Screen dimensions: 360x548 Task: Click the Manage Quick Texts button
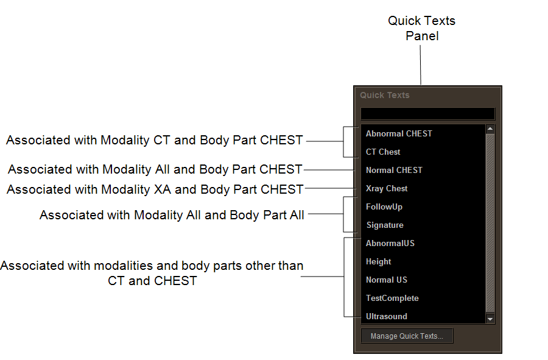[407, 336]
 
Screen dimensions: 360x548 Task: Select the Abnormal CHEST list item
[399, 133]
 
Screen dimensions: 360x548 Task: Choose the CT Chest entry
[383, 152]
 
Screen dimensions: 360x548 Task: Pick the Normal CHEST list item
[394, 170]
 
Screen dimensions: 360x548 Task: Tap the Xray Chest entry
[387, 188]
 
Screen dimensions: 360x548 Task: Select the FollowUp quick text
[384, 206]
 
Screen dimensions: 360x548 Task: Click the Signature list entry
[385, 225]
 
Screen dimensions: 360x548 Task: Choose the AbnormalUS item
[390, 243]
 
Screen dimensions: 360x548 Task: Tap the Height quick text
[379, 261]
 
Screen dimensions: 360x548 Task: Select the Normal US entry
[387, 280]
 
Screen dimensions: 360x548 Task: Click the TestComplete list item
[392, 298]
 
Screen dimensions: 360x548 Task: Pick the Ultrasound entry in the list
[387, 316]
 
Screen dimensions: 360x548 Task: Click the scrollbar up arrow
[490, 129]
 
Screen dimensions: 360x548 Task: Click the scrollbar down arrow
[490, 319]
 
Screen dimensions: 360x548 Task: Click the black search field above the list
[427, 114]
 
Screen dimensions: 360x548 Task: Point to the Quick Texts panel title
[385, 95]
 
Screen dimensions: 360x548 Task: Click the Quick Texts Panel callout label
[422, 28]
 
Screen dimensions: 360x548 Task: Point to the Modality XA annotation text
[155, 189]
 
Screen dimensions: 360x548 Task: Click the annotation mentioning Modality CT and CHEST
[155, 140]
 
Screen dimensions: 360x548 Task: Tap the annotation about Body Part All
[172, 215]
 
